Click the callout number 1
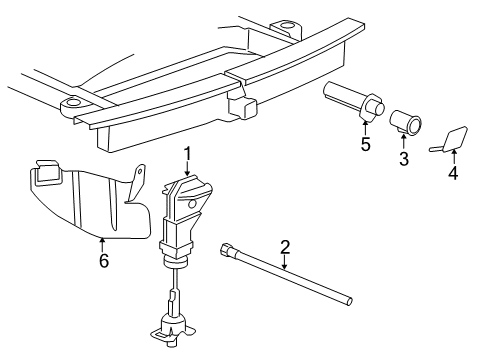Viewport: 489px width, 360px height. coord(186,153)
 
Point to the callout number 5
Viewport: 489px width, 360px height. coord(365,146)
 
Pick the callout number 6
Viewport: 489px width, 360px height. coord(102,261)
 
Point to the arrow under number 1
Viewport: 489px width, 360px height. coord(186,169)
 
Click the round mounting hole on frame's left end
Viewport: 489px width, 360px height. coord(73,105)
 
